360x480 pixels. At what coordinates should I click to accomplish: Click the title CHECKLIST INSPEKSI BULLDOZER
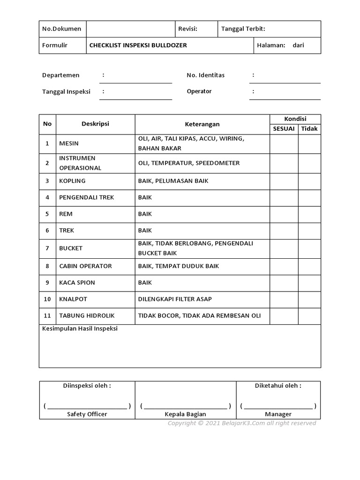138,45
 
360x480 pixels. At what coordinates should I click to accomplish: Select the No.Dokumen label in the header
61,29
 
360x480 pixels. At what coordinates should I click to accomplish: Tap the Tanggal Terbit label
243,29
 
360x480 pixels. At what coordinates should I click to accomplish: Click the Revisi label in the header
187,29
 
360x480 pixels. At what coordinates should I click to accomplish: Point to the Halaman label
271,45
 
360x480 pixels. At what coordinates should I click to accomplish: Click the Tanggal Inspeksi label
66,91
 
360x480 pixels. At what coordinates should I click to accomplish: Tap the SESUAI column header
284,129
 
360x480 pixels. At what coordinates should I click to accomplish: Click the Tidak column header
309,129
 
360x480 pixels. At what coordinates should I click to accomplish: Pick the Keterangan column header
202,124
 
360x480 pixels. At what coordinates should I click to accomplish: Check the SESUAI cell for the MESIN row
284,144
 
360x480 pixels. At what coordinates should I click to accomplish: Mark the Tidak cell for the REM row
309,214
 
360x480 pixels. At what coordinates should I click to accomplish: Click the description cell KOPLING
72,181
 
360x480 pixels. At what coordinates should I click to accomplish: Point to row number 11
47,316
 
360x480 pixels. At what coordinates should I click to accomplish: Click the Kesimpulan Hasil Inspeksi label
80,329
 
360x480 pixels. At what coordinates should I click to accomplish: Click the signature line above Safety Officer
87,406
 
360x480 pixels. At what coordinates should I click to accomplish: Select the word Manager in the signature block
278,414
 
